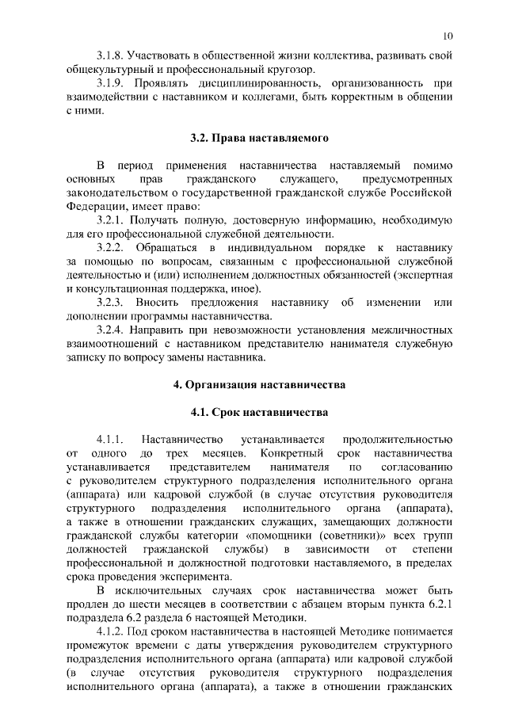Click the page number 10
[448, 36]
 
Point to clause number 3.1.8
[111, 56]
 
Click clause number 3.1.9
[111, 83]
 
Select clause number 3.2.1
[111, 219]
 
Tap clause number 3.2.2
[111, 246]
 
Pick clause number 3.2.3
[111, 303]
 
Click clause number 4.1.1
[111, 439]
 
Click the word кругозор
[287, 70]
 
